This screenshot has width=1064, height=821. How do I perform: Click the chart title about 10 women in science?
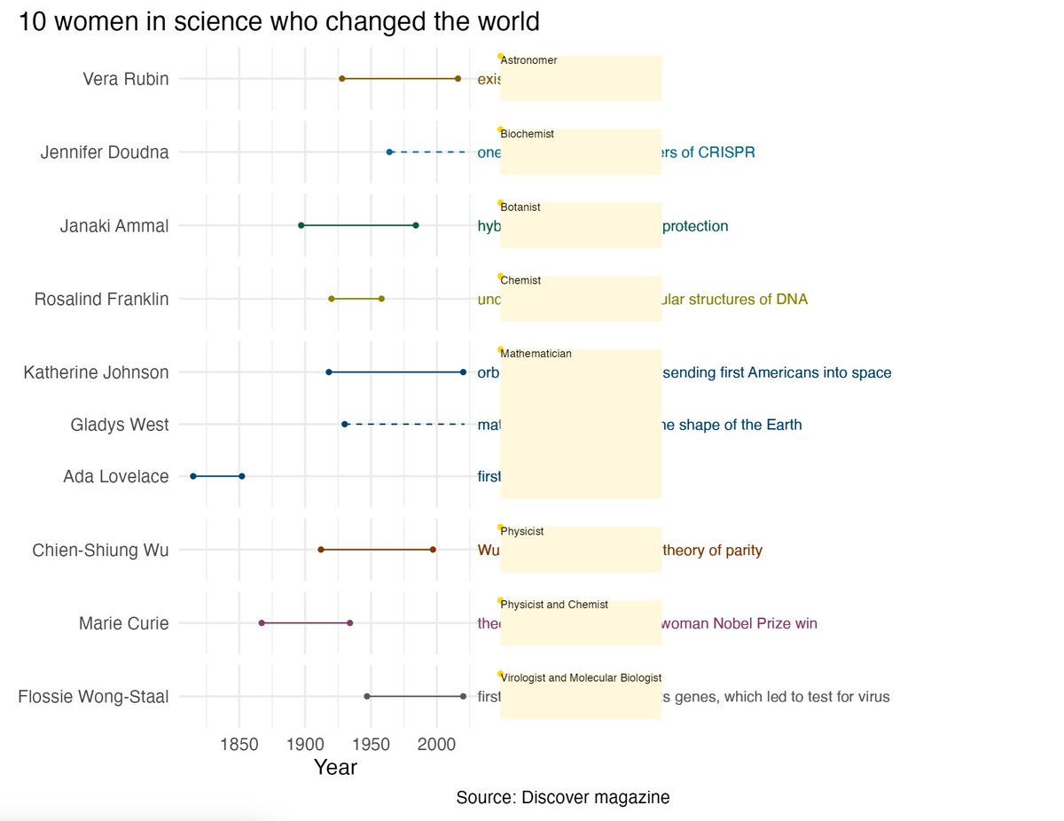(278, 21)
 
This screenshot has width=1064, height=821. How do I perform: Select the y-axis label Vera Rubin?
(125, 79)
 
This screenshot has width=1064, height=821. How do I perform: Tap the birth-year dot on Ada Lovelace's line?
(193, 476)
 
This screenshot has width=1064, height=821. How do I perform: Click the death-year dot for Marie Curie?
(350, 623)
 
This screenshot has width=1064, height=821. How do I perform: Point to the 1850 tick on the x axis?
(239, 742)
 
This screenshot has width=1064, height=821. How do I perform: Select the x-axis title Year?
(335, 768)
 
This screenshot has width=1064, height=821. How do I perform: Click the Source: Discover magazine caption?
(562, 797)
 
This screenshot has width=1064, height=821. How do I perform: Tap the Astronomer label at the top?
(528, 60)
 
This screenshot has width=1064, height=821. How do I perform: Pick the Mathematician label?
(536, 354)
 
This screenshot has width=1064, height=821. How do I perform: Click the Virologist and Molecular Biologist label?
(581, 678)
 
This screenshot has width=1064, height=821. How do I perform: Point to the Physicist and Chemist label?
(554, 605)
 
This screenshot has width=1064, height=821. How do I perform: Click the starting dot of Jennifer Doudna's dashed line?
(389, 152)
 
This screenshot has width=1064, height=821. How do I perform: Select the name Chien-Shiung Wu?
(100, 551)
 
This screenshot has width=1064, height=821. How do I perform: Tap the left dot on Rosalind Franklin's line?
(332, 299)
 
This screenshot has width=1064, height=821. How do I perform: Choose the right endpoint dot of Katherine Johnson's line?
(463, 372)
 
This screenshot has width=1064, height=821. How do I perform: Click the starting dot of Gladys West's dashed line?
(345, 425)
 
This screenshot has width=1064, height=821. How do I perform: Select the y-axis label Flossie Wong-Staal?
(93, 697)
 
